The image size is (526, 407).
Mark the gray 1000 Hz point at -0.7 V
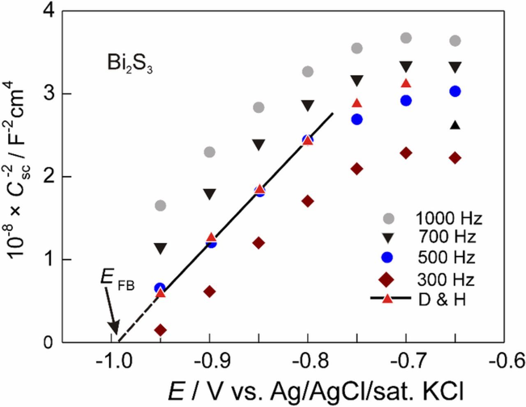point(406,38)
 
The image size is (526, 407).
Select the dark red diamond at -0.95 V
point(161,330)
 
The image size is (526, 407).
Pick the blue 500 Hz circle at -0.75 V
point(357,119)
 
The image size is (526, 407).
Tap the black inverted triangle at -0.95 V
point(161,248)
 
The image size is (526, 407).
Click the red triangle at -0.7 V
point(406,84)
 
